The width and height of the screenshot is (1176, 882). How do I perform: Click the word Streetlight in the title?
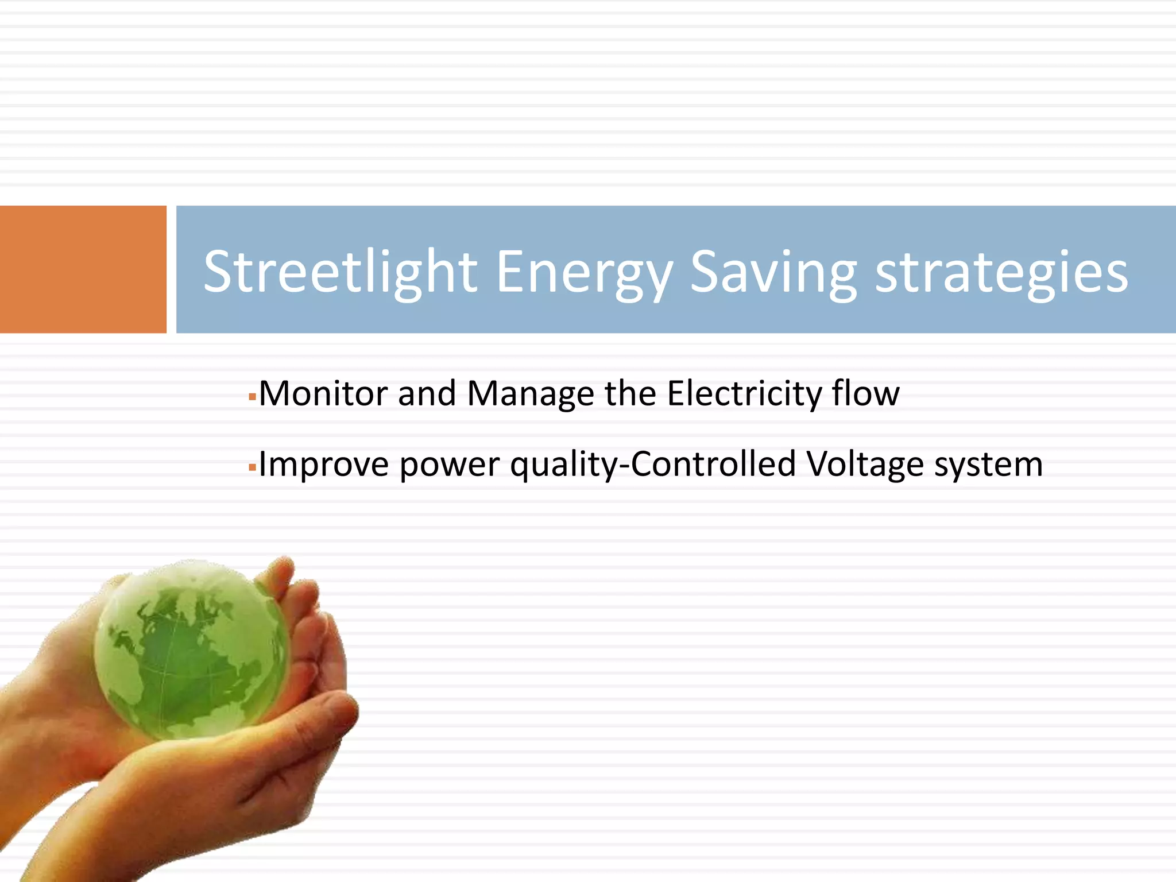[x=340, y=272]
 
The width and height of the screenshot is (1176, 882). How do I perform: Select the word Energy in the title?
[x=584, y=272]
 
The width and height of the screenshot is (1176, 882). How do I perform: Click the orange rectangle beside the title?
[x=83, y=269]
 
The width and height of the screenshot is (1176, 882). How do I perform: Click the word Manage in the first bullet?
[x=531, y=394]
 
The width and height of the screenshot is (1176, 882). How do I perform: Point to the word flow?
[x=866, y=394]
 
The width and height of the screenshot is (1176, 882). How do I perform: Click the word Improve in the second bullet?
[x=323, y=465]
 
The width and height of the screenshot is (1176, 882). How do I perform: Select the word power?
[x=449, y=465]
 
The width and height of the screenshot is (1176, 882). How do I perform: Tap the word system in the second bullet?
[x=988, y=465]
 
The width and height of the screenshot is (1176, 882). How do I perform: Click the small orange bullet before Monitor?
[x=252, y=397]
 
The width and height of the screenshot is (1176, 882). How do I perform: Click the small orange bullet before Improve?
[x=252, y=467]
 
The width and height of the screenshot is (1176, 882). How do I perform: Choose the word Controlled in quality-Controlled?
[x=714, y=465]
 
